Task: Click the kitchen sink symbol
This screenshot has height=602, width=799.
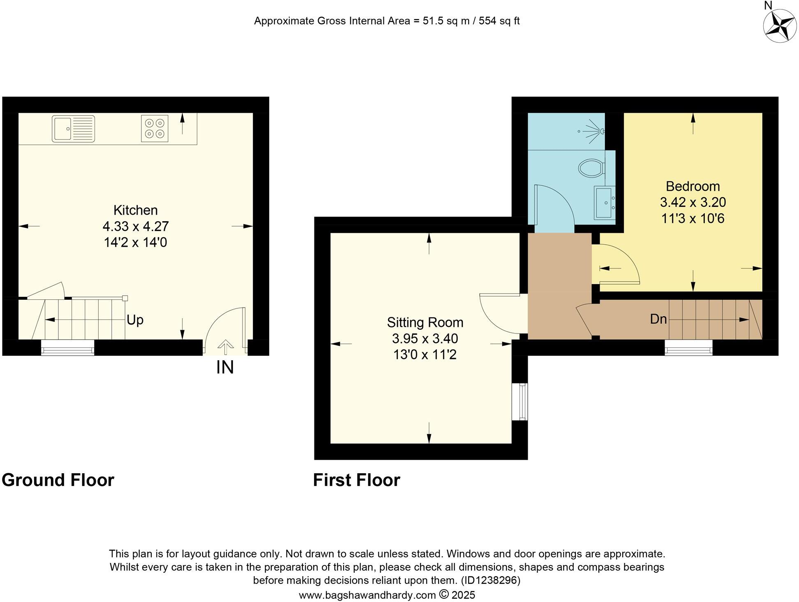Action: click(x=73, y=129)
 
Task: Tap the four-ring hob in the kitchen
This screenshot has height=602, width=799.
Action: click(x=155, y=128)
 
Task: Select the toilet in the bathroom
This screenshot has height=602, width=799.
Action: click(x=591, y=168)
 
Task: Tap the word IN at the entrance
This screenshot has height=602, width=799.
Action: click(x=225, y=367)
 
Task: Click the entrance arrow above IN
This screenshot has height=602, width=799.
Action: click(x=225, y=347)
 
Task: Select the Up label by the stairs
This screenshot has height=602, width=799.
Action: click(x=135, y=320)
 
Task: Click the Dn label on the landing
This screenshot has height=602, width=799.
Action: click(x=658, y=319)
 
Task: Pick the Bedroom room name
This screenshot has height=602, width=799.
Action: click(x=693, y=186)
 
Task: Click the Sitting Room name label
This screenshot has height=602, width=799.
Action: click(x=425, y=322)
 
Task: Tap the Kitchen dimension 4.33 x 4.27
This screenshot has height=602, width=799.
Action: click(x=136, y=226)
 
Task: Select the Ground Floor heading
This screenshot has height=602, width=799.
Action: click(x=58, y=480)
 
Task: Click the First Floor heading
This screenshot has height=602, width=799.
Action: click(x=356, y=480)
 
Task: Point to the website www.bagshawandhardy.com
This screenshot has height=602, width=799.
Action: click(x=367, y=595)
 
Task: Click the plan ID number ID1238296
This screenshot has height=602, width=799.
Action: click(x=490, y=580)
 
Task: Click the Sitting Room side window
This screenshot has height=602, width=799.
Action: click(x=522, y=402)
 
